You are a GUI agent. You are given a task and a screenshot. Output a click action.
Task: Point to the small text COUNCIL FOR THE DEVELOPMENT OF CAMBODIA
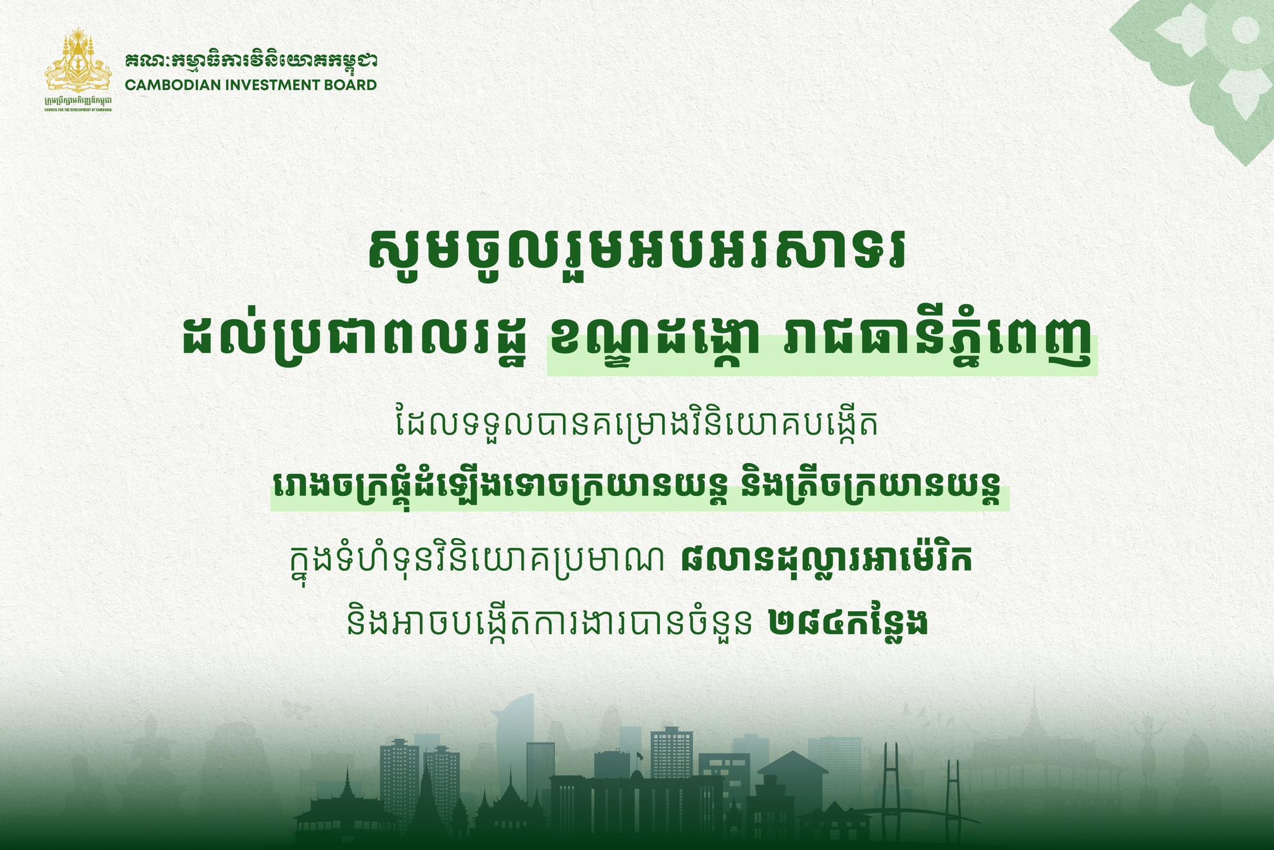point(78,109)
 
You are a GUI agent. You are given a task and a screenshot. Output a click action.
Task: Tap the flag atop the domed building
point(639,755)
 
